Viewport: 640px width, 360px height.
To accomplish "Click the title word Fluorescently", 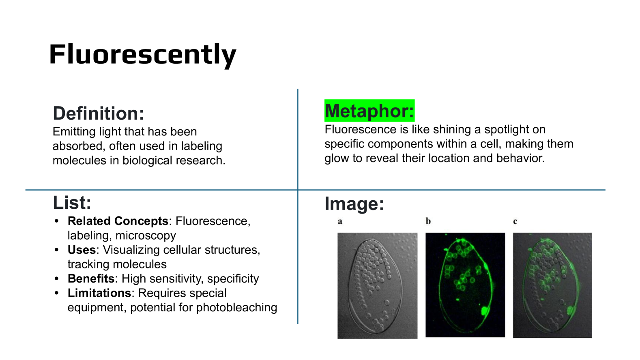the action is coord(143,55).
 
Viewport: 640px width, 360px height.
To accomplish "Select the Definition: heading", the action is coord(99,114).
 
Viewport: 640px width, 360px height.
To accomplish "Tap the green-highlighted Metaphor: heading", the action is coord(369,111).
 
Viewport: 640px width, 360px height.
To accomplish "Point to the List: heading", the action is coord(72,203).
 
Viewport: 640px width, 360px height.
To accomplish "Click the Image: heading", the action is coord(354,204).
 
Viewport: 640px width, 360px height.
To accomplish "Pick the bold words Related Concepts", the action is coord(118,221).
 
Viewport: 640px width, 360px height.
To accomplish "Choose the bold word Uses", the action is coord(82,250).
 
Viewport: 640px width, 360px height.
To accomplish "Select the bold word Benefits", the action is coord(91,279).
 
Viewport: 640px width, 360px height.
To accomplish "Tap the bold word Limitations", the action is coord(99,293).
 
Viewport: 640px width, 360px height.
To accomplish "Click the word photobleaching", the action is coord(236,308).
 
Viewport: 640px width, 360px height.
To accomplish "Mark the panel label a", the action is coord(340,221).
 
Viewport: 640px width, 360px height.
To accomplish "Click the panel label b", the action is coord(428,221).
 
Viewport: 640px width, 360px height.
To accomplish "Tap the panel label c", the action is coord(515,221).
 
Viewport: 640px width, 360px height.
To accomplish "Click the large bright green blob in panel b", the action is coord(485,310).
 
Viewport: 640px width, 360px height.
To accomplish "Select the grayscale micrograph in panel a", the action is coord(378,285).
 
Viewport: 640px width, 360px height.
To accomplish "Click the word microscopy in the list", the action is coord(146,236).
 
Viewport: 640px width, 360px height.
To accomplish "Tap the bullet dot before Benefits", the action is coord(56,279).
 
